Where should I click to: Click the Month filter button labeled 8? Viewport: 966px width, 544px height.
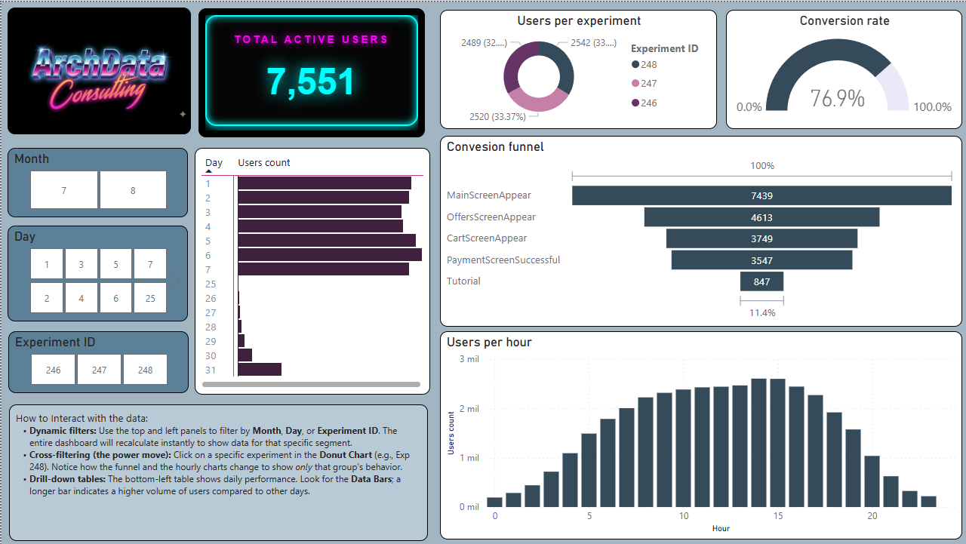pyautogui.click(x=133, y=190)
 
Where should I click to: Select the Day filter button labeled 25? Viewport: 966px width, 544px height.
pyautogui.click(x=150, y=298)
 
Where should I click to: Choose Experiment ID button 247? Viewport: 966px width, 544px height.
pyautogui.click(x=99, y=370)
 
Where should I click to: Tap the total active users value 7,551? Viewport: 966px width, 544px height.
pyautogui.click(x=310, y=81)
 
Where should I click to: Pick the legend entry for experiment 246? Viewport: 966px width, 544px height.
pyautogui.click(x=648, y=103)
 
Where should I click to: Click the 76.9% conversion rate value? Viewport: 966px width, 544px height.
pyautogui.click(x=838, y=98)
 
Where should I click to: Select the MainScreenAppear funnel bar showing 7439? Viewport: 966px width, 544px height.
pyautogui.click(x=761, y=195)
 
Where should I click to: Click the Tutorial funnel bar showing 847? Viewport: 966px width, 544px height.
pyautogui.click(x=761, y=281)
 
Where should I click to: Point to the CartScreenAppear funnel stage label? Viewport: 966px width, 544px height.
pyautogui.click(x=487, y=238)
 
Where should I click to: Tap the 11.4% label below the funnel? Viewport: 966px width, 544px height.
pyautogui.click(x=761, y=312)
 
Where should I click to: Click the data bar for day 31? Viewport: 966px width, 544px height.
pyautogui.click(x=260, y=370)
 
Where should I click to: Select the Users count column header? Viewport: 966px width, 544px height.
pyautogui.click(x=264, y=163)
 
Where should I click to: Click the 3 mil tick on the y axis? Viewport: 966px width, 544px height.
pyautogui.click(x=469, y=359)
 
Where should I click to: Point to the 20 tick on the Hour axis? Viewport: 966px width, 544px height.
pyautogui.click(x=872, y=516)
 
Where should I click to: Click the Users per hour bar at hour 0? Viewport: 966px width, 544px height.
pyautogui.click(x=495, y=502)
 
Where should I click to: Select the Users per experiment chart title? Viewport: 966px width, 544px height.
pyautogui.click(x=579, y=21)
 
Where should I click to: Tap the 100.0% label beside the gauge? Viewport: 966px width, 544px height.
pyautogui.click(x=932, y=107)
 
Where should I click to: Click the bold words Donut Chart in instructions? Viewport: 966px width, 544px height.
pyautogui.click(x=346, y=456)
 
